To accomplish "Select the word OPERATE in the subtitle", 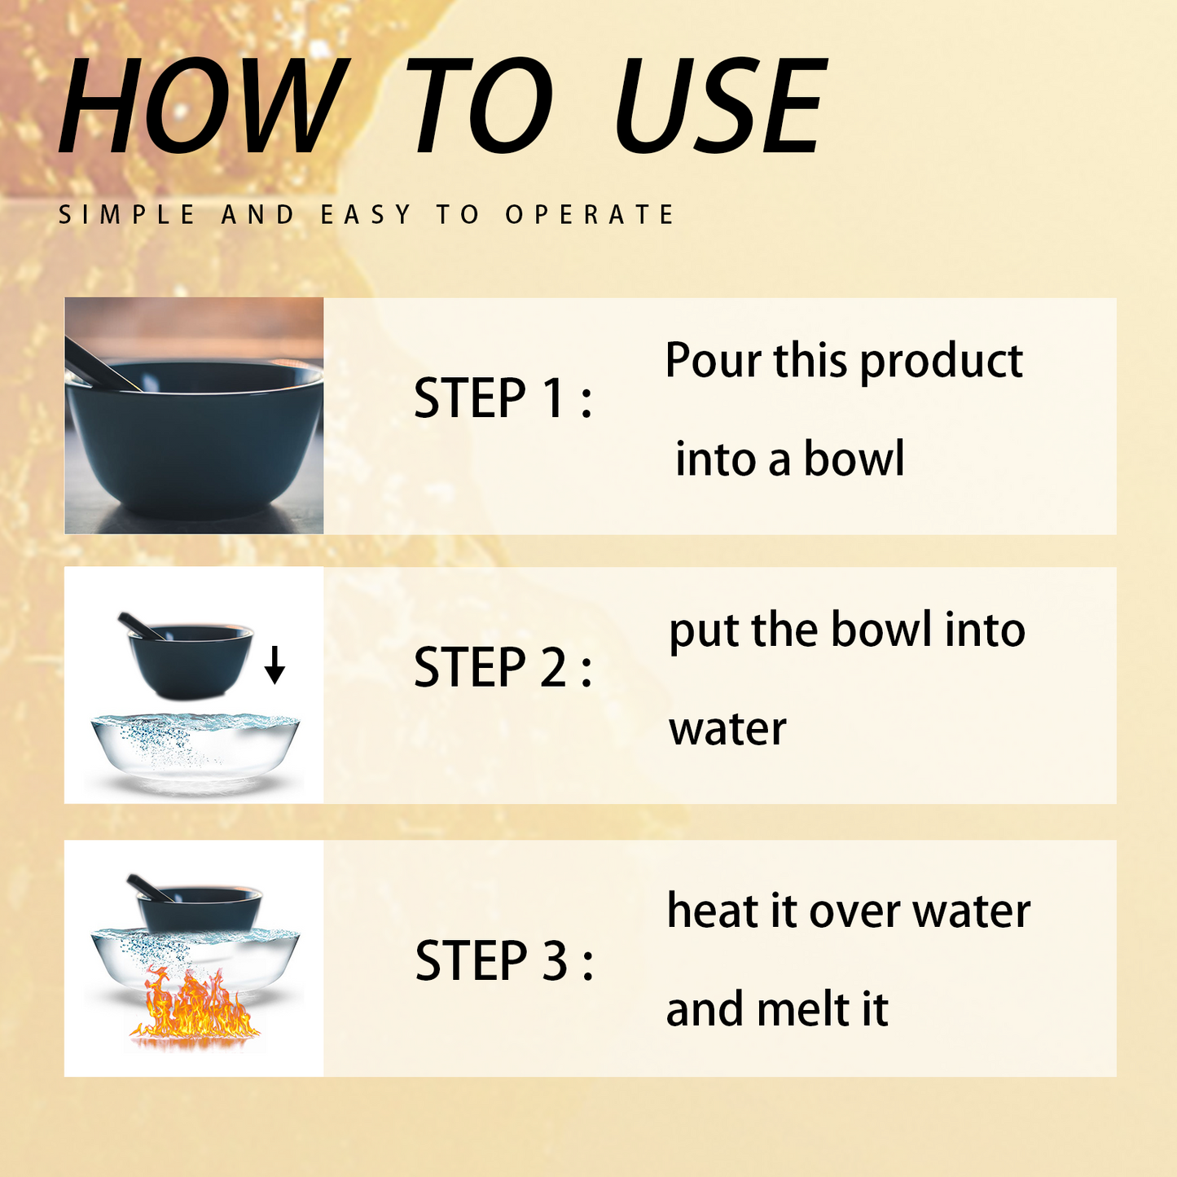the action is [590, 214].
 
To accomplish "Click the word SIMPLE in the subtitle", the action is [126, 214].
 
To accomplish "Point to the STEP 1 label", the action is [503, 397].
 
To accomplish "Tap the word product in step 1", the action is [942, 362].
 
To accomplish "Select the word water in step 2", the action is [727, 730].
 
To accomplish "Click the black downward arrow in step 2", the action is [274, 665].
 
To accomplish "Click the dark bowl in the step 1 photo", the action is [194, 437].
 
